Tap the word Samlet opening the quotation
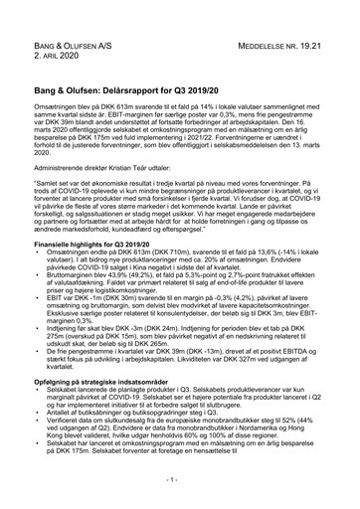(52, 185)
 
